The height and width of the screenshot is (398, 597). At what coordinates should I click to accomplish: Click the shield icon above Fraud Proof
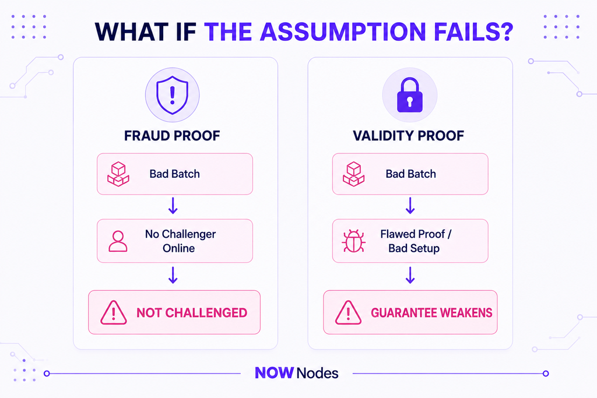[172, 95]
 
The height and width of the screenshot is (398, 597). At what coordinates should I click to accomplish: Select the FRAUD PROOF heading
[172, 136]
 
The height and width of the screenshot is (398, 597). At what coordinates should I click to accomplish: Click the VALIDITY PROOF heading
[409, 136]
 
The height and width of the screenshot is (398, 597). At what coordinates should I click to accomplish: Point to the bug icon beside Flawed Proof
[354, 241]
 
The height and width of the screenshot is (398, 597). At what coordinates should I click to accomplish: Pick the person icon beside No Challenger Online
[118, 241]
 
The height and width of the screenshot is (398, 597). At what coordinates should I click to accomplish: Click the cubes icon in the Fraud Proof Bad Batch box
[118, 174]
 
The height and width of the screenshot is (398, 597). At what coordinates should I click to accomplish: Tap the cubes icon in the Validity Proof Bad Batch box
[354, 174]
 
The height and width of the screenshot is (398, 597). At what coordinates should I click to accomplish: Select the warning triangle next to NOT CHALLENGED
[114, 313]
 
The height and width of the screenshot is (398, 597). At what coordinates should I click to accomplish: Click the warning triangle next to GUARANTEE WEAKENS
[348, 313]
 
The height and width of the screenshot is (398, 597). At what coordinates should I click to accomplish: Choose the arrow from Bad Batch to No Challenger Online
[173, 206]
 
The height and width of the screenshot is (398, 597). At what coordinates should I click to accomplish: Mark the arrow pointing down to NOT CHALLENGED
[173, 275]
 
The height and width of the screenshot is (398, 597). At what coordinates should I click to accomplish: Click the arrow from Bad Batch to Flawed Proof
[410, 206]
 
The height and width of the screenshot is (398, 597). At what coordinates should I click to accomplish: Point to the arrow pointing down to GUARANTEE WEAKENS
[410, 275]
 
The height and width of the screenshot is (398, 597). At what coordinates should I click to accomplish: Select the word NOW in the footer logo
[274, 373]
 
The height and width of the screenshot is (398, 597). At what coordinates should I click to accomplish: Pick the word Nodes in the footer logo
[318, 374]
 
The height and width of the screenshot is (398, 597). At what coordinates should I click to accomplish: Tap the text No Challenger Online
[180, 241]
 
